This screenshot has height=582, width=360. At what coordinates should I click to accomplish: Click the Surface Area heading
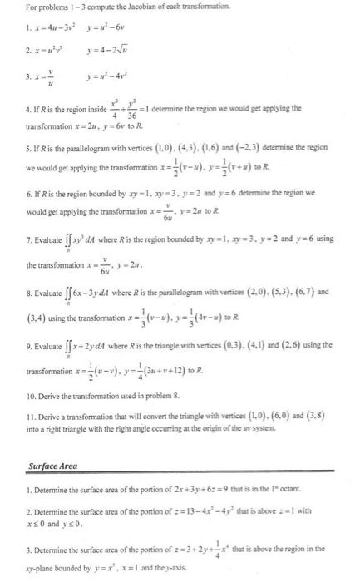tap(52, 466)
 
